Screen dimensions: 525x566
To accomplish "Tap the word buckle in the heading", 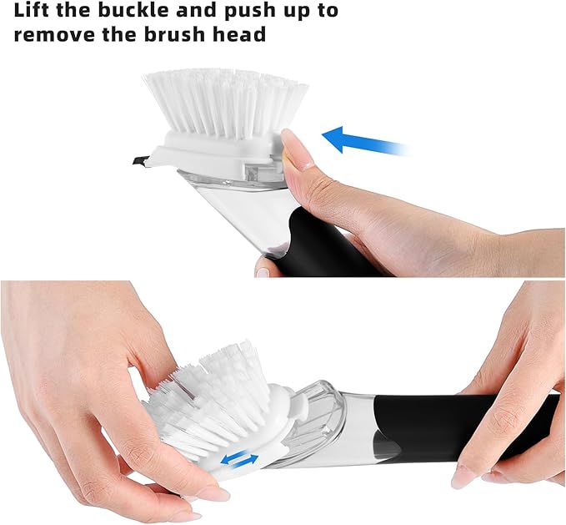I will pyautogui.click(x=148, y=12).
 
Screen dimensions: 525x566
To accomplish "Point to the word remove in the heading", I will pyautogui.click(x=54, y=36).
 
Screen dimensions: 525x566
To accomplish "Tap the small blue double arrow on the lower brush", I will pyautogui.click(x=238, y=458).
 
